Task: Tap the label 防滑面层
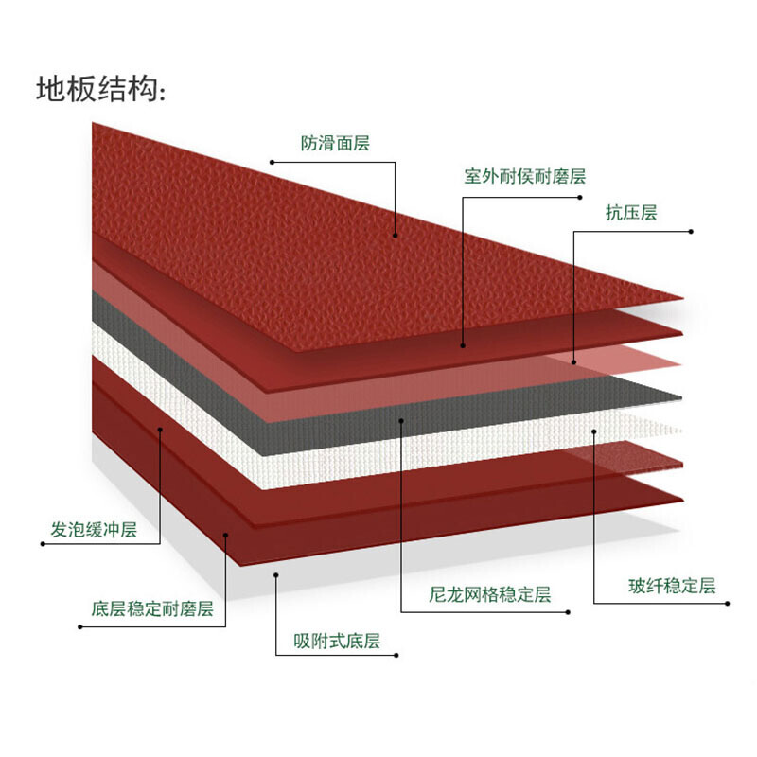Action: point(335,143)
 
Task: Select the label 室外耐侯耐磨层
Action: point(525,176)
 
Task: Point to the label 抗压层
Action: point(631,212)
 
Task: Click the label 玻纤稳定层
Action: point(672,586)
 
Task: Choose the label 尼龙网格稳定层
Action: point(490,594)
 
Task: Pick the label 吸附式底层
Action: point(337,641)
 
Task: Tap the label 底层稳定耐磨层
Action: point(152,608)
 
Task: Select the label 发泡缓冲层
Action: point(94,530)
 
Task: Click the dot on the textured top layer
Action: point(395,236)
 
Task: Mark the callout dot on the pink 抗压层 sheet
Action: point(574,362)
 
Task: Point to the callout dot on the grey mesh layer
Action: point(401,420)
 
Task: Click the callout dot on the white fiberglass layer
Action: point(594,431)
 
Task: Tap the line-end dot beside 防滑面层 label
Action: point(272,162)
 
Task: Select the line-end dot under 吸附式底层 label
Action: point(396,655)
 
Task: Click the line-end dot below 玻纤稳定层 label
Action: point(728,604)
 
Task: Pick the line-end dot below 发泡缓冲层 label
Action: point(43,544)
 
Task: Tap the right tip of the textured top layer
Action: point(683,298)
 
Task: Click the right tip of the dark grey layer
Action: point(681,398)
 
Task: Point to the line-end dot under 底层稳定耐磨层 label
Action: point(80,627)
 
